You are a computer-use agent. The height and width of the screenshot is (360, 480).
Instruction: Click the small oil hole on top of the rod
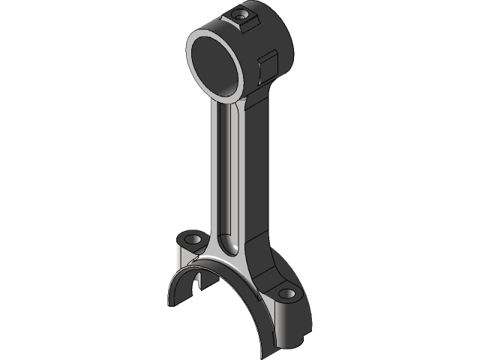(241, 14)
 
